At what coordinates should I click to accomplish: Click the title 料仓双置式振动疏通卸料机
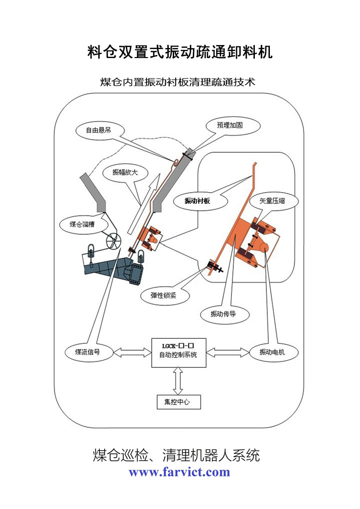click(180, 52)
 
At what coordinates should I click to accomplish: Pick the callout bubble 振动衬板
click(197, 201)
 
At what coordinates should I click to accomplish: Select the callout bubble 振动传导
click(224, 314)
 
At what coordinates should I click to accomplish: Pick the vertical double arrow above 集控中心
click(176, 381)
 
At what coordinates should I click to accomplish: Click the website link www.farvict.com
click(179, 471)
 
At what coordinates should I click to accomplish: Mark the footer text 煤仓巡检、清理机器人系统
click(176, 455)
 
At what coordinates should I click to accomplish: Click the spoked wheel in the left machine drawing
click(114, 241)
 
